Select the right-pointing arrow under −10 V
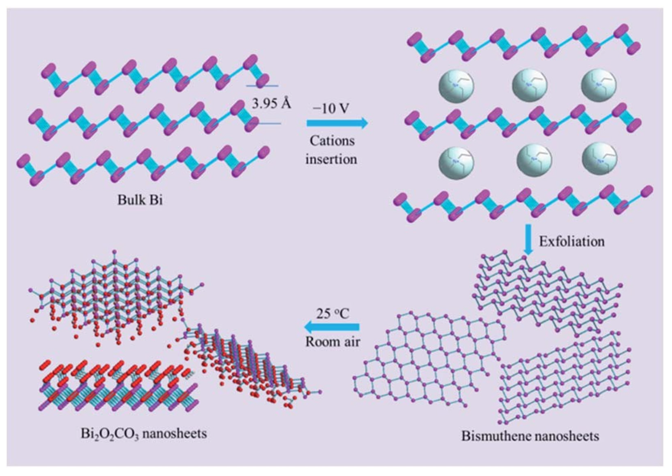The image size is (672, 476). tap(337, 123)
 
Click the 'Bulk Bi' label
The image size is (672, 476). tap(140, 200)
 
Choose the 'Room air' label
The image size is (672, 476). tap(332, 342)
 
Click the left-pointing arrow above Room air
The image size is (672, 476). tap(332, 327)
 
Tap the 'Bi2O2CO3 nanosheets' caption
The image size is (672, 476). tap(144, 433)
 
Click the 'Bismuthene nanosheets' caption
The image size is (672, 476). tap(530, 436)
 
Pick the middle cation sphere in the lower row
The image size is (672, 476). tap(534, 160)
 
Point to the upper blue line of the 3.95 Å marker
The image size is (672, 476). tap(262, 86)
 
